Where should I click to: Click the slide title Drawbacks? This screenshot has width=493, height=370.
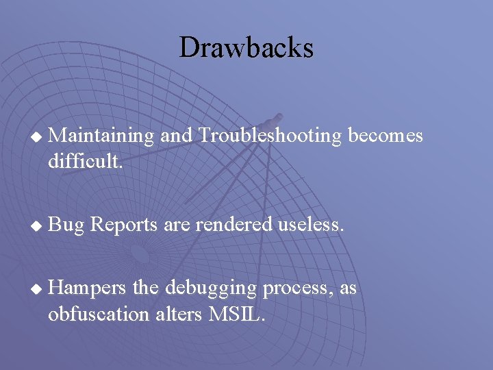tap(246, 47)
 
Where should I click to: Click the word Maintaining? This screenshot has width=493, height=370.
tap(102, 136)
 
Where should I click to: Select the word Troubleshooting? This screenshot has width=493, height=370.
tap(270, 136)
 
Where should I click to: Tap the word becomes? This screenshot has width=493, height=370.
tap(385, 136)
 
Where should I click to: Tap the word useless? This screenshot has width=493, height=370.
tap(309, 223)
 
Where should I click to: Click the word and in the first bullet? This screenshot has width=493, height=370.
tap(175, 136)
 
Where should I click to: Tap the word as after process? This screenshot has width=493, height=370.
tap(348, 288)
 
